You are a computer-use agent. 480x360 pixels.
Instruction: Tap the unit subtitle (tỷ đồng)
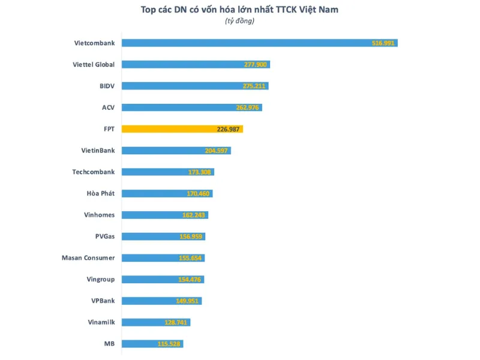tap(240, 22)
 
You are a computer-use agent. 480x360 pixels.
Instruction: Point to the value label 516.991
tap(383, 43)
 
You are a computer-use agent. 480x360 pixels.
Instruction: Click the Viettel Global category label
tap(94, 64)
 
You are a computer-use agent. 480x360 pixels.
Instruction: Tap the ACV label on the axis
tap(108, 107)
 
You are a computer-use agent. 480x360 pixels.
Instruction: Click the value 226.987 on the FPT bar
tap(229, 129)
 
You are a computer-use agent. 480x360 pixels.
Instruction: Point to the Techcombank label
tap(94, 172)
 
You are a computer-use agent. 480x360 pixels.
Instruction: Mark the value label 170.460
tap(199, 194)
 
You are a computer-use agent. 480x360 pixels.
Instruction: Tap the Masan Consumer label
tap(88, 257)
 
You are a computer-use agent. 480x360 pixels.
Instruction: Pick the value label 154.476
tap(191, 280)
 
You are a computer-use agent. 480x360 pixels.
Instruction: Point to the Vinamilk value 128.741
tap(178, 322)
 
